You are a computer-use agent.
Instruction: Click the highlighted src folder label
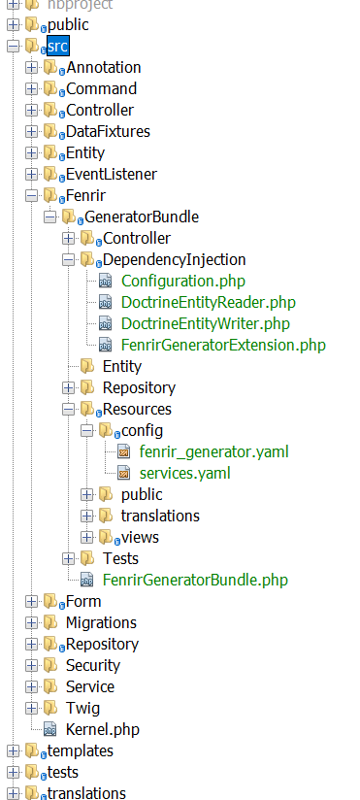pyautogui.click(x=57, y=46)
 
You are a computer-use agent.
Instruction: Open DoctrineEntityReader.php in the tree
pyautogui.click(x=208, y=302)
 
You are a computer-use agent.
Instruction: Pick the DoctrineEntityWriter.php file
pyautogui.click(x=207, y=323)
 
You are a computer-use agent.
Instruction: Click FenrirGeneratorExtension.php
pyautogui.click(x=223, y=345)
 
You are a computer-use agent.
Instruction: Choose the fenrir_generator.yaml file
pyautogui.click(x=213, y=451)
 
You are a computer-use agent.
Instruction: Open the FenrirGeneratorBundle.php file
pyautogui.click(x=195, y=580)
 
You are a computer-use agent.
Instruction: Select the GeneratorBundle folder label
pyautogui.click(x=142, y=217)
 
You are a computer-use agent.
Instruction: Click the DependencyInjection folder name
pyautogui.click(x=174, y=259)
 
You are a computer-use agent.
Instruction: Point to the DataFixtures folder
pyautogui.click(x=108, y=131)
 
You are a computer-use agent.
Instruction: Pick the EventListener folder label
pyautogui.click(x=111, y=174)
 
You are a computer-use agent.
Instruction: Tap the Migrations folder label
pyautogui.click(x=101, y=622)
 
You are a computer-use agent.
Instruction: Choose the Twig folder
pyautogui.click(x=82, y=708)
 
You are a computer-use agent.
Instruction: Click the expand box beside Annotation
pyautogui.click(x=31, y=68)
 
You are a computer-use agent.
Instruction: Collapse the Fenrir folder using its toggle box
pyautogui.click(x=31, y=196)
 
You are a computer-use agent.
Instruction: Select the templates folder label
pyautogui.click(x=80, y=750)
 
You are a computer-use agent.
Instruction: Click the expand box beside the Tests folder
pyautogui.click(x=68, y=559)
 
